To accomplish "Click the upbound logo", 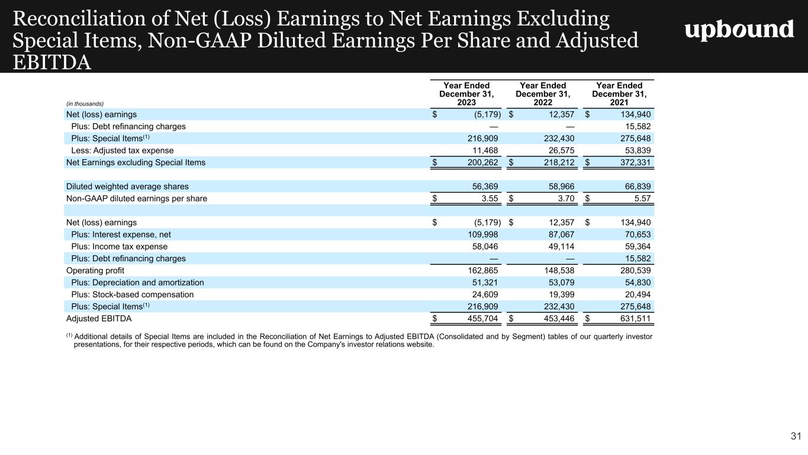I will point(739,29).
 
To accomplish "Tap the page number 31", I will point(796,437).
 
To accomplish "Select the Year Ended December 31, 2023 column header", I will point(466,94).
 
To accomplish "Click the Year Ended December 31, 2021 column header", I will point(619,94).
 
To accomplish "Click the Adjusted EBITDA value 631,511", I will point(635,319).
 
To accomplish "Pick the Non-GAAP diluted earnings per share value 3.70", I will point(562,198).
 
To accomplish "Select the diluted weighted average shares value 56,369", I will point(485,187).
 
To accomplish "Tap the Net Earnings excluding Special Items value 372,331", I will point(635,162).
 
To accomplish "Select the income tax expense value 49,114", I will point(559,246).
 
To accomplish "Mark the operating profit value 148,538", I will point(559,271).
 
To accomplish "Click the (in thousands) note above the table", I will point(85,104).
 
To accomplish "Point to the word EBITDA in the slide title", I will point(52,62).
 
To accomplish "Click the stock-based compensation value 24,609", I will point(485,294).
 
